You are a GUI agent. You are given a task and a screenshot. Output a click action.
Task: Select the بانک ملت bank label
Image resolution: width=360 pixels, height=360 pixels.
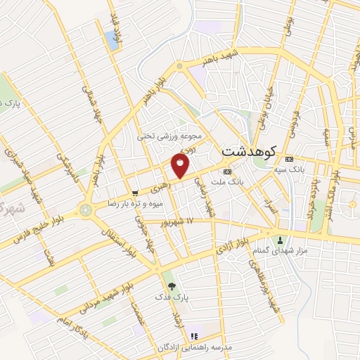click(x=245, y=181)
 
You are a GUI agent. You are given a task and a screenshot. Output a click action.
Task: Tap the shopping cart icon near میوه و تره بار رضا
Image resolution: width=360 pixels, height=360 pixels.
click(x=134, y=193)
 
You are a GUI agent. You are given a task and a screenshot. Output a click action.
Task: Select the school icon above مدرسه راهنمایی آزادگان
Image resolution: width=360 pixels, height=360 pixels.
click(x=195, y=335)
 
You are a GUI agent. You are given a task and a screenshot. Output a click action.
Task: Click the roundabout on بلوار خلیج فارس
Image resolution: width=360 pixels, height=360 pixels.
click(x=86, y=209)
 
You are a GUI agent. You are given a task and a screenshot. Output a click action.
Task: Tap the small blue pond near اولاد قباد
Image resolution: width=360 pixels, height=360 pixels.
click(x=112, y=39)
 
